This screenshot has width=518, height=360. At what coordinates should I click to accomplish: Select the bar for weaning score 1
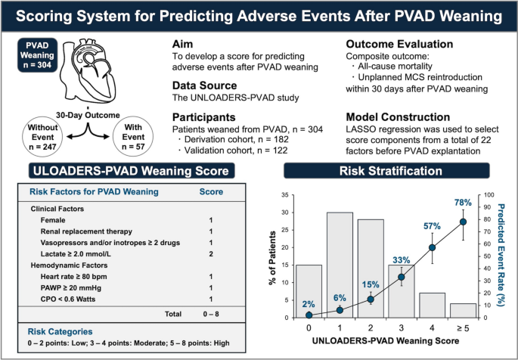[338, 265]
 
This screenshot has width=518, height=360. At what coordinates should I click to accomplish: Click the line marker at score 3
[402, 277]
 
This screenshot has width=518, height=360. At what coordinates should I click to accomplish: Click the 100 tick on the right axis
[489, 194]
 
